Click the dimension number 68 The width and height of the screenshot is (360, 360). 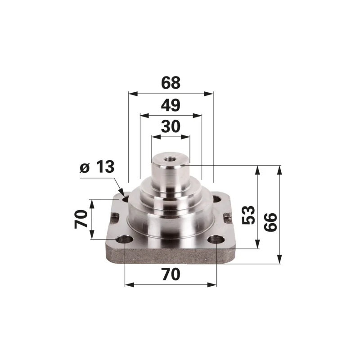(x=171, y=83)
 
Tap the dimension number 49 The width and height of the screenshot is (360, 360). (x=171, y=105)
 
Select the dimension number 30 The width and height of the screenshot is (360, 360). (x=171, y=126)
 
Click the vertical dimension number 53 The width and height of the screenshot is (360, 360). (x=248, y=215)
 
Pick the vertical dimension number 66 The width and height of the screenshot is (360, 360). (x=270, y=222)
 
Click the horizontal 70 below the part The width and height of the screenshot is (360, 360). (x=171, y=274)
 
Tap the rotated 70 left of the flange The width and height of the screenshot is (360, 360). (x=81, y=219)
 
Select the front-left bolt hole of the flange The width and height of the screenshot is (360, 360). (x=125, y=240)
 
